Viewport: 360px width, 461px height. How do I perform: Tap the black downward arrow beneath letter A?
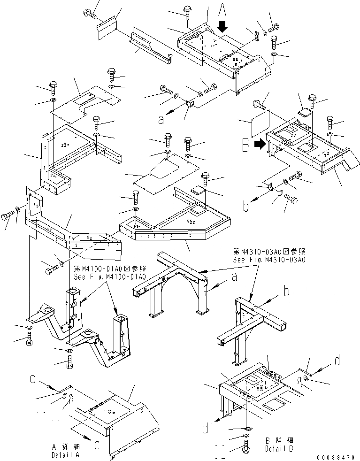(222, 27)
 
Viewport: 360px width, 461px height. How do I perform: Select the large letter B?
(245, 146)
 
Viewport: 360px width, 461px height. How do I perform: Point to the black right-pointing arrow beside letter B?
(259, 145)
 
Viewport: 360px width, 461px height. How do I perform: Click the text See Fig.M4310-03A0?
(269, 260)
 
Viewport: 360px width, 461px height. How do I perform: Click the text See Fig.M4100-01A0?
(109, 277)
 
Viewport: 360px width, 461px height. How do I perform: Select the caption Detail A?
(66, 455)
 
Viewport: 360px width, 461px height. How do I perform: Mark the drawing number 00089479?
(336, 457)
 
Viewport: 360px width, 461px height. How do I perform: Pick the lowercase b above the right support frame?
(286, 292)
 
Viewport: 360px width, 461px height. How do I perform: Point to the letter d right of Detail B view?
(337, 361)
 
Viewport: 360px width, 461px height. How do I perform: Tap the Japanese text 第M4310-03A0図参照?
(269, 252)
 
